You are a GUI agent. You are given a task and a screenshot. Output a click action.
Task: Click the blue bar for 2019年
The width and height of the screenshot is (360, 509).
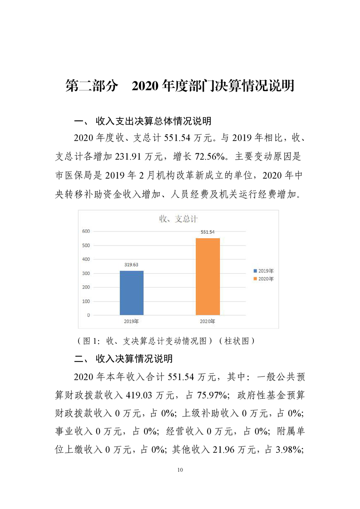[132, 293]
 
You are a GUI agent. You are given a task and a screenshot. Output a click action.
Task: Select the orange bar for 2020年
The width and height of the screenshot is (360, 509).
[207, 276]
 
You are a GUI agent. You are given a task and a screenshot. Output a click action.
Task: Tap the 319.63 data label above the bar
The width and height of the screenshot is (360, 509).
[132, 264]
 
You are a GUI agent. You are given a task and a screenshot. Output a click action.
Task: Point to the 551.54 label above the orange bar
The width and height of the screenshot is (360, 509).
[207, 232]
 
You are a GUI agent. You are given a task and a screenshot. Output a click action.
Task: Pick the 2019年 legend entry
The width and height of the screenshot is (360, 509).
[264, 271]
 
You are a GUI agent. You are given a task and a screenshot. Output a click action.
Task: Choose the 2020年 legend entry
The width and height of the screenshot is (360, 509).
[264, 279]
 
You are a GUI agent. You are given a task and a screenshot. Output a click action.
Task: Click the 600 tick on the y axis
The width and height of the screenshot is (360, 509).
[86, 231]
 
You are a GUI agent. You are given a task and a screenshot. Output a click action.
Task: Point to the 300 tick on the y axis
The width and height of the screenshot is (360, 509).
[86, 273]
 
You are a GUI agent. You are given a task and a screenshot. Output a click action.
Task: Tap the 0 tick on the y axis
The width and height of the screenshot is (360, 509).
[88, 315]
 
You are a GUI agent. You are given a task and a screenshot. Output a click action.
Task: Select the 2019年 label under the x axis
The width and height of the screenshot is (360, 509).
[131, 321]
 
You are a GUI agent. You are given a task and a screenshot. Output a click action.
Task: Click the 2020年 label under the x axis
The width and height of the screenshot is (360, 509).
[207, 321]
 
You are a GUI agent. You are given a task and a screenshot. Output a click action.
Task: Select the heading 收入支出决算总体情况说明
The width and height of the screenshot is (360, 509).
[153, 121]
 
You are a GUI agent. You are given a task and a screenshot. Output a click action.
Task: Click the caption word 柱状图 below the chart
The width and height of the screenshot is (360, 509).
[236, 341]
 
